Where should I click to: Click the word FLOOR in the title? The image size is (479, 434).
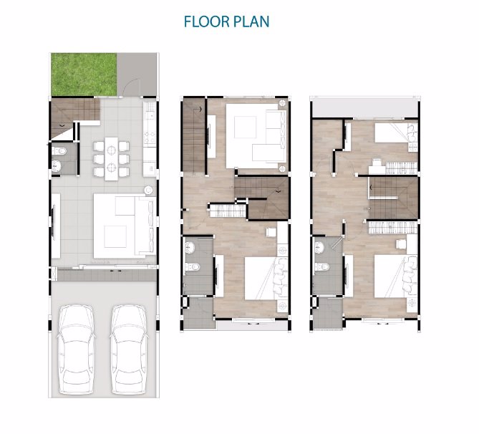pyautogui.click(x=206, y=21)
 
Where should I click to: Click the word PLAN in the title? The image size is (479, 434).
pyautogui.click(x=251, y=21)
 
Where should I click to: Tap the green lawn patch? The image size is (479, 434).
pyautogui.click(x=84, y=74)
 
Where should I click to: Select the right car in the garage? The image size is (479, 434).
pyautogui.click(x=129, y=349)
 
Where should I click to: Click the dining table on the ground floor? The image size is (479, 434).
pyautogui.click(x=111, y=159)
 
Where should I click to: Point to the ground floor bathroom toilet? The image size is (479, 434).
pyautogui.click(x=59, y=150)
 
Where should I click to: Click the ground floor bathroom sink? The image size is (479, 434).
pyautogui.click(x=57, y=166)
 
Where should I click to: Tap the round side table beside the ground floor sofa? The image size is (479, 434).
pyautogui.click(x=148, y=190)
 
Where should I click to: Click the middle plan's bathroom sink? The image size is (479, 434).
pyautogui.click(x=190, y=247)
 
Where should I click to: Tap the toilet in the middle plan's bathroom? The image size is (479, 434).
pyautogui.click(x=193, y=267)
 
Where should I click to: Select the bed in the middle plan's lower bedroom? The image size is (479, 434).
pyautogui.click(x=266, y=279)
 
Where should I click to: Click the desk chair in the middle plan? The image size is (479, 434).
pyautogui.click(x=271, y=233)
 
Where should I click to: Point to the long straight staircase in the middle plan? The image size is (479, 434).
pyautogui.click(x=194, y=135)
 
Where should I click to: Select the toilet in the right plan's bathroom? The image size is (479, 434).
pyautogui.click(x=321, y=267)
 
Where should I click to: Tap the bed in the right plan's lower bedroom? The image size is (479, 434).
pyautogui.click(x=396, y=276)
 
